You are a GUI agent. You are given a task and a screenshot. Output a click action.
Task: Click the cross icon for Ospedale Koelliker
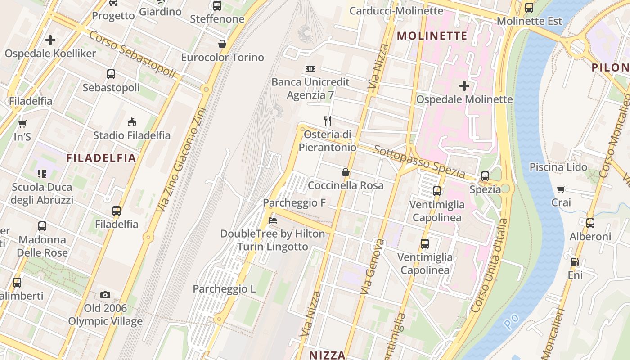(x=50, y=40)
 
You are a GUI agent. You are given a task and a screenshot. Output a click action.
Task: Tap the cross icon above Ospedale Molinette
(x=464, y=85)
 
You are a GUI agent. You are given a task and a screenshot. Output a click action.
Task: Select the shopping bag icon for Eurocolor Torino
(x=222, y=44)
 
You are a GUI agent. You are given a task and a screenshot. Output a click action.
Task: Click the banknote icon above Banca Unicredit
(x=310, y=69)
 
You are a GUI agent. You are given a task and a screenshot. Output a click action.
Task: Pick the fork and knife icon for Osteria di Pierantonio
(x=328, y=121)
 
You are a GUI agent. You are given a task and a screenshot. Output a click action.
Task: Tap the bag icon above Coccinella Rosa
(x=346, y=172)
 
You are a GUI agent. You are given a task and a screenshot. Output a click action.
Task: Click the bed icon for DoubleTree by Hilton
(x=272, y=220)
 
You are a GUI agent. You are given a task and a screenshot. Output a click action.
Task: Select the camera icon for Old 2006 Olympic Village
(x=105, y=295)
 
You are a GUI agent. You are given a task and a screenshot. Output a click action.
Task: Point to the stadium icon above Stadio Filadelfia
(x=132, y=122)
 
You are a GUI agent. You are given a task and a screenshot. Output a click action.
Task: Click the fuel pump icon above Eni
(x=575, y=262)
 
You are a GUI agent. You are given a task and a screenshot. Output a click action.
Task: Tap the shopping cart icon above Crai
(x=561, y=189)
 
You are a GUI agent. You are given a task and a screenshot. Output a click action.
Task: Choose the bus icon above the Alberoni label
(x=590, y=223)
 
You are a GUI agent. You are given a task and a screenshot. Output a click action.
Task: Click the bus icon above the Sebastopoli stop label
(x=111, y=74)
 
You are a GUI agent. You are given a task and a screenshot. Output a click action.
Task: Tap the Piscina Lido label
(x=558, y=167)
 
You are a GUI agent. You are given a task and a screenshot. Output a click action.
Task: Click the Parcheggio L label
(x=224, y=289)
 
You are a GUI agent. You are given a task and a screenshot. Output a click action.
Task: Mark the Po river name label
(x=511, y=320)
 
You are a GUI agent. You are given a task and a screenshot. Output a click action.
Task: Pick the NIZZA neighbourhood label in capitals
(x=327, y=355)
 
